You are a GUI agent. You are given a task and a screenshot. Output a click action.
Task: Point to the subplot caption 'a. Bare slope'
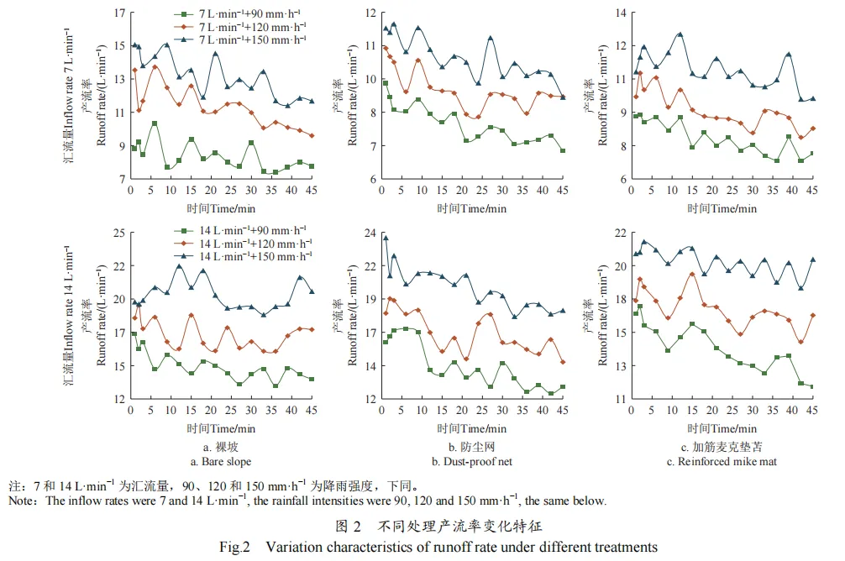click(220, 461)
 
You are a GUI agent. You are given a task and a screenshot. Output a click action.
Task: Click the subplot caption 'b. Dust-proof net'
click(472, 461)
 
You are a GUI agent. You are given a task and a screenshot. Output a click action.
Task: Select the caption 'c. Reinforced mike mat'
click(722, 461)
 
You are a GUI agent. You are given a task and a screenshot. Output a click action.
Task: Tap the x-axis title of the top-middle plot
click(472, 207)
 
